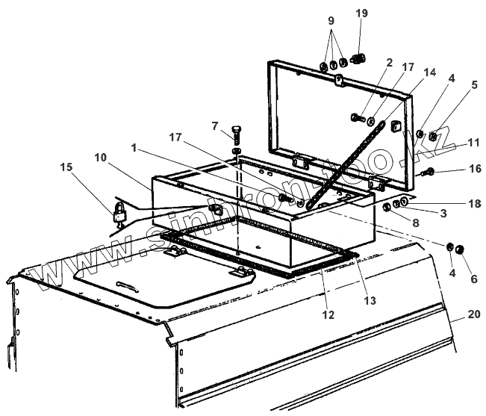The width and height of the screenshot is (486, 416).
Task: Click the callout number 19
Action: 361,13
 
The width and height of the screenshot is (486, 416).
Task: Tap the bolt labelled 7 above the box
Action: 236,137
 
